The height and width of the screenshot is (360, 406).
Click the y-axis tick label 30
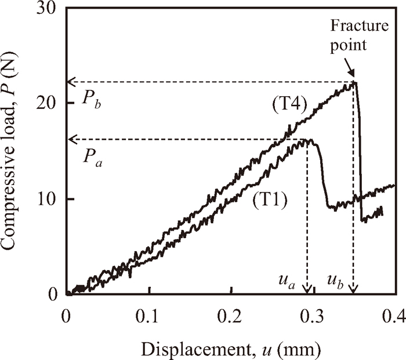coord(49,8)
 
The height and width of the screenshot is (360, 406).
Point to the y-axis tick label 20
coord(49,103)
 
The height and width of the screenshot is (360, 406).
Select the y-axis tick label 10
coord(49,199)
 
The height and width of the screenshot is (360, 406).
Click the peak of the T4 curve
coord(354,82)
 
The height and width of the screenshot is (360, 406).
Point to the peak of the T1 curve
coord(307,139)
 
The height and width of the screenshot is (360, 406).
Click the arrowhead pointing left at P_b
coord(71,82)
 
